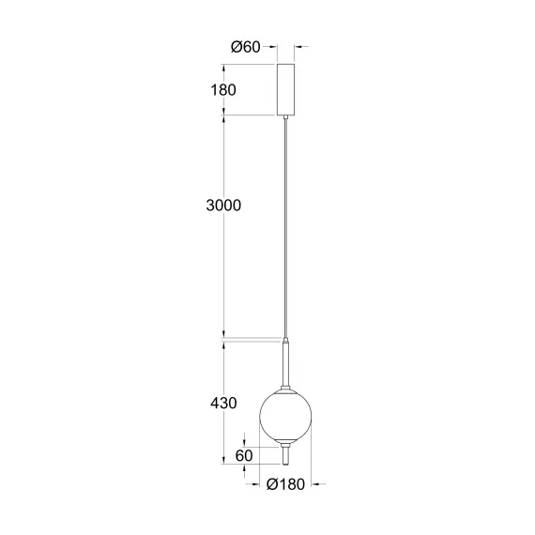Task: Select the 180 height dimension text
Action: (x=222, y=90)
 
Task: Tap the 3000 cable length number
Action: (x=222, y=206)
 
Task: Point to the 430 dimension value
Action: (x=222, y=404)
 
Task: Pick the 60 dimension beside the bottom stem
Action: (x=244, y=455)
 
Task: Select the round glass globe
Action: (x=285, y=415)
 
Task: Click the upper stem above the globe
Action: (x=285, y=361)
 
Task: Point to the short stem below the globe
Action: (x=285, y=455)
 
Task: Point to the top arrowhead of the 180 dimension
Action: (x=223, y=67)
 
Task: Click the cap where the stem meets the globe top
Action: (x=285, y=384)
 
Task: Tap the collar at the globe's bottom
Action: (x=285, y=444)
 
